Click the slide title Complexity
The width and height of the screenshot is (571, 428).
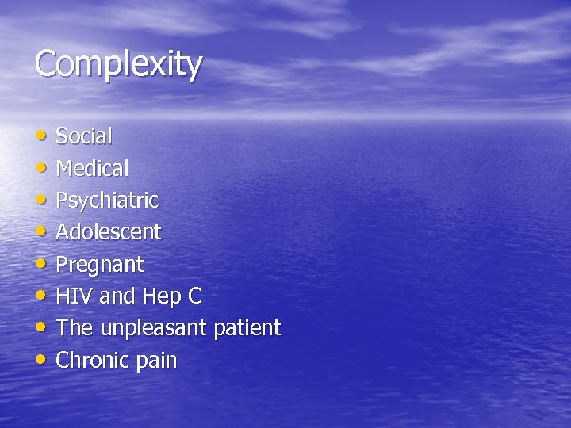[x=118, y=65]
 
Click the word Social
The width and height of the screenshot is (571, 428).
[x=84, y=136]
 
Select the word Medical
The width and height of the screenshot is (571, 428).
[x=92, y=168]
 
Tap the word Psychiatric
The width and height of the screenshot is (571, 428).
[x=107, y=201]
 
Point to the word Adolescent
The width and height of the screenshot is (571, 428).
[x=108, y=232]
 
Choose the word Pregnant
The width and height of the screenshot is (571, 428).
[x=99, y=265]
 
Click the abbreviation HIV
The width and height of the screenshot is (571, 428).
[x=75, y=296]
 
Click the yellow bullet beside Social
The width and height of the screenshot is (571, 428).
[x=40, y=136]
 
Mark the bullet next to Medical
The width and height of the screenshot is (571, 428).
[x=40, y=168]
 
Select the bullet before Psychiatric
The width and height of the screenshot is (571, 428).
[x=40, y=200]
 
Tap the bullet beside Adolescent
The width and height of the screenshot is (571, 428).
[x=40, y=232]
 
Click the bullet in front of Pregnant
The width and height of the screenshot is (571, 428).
[x=40, y=264]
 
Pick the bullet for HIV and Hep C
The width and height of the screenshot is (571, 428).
[x=40, y=296]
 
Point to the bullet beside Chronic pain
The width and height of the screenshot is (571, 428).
[x=40, y=361]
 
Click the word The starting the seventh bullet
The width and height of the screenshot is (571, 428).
[x=74, y=328]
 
